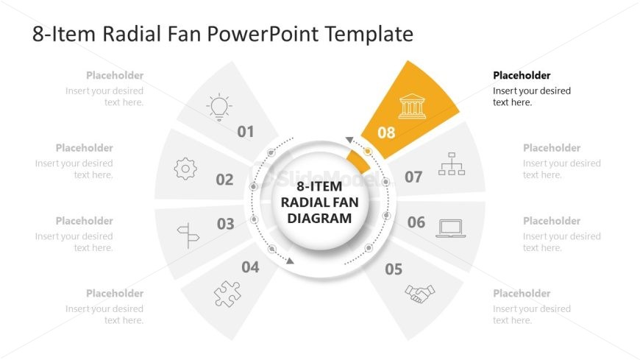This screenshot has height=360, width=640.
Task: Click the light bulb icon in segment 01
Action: [218, 107]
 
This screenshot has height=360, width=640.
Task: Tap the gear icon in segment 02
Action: [185, 169]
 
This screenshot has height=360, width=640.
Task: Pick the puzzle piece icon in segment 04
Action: [227, 294]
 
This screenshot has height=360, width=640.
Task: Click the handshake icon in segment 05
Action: [419, 294]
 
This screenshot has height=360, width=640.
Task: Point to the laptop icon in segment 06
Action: [450, 228]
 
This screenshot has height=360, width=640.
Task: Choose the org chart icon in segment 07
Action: [451, 164]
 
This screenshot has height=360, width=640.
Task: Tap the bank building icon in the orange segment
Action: [411, 107]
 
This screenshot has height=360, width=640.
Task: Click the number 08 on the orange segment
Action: [386, 133]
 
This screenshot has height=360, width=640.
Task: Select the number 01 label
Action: [246, 132]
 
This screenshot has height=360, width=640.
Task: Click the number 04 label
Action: [251, 267]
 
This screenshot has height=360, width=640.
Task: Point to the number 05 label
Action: [394, 269]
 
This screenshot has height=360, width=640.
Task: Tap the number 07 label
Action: [413, 177]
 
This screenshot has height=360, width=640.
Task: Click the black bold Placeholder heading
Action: [522, 75]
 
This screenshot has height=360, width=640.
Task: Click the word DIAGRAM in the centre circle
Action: [319, 218]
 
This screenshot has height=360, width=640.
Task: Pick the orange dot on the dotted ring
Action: [368, 152]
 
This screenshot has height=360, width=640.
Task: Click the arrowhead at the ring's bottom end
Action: [291, 261]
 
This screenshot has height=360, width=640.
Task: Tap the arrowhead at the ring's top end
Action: [349, 140]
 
